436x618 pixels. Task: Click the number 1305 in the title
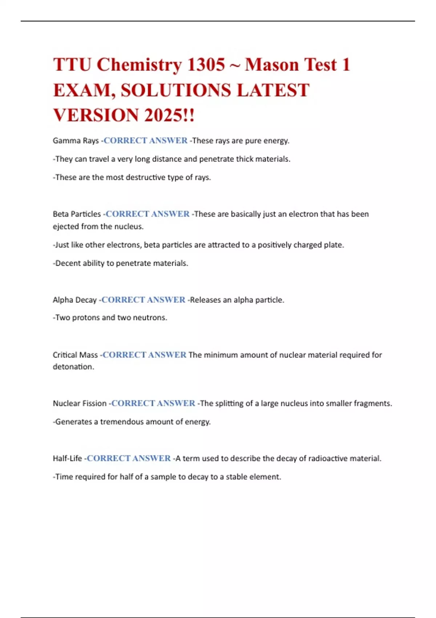coord(206,65)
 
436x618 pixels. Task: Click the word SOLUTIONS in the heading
coord(176,90)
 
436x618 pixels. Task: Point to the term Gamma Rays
coord(76,141)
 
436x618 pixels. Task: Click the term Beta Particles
coord(77,214)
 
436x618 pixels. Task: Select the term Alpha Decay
coord(74,300)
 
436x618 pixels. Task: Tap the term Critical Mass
coord(75,355)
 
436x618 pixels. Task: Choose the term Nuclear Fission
coord(80,403)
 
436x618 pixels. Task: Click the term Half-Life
coord(67,458)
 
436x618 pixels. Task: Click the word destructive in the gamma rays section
coord(144,177)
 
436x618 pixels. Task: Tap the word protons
coord(86,318)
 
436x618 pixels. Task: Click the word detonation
coord(73,367)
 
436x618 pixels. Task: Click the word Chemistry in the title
coord(139,65)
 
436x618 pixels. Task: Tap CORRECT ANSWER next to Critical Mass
coord(144,355)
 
